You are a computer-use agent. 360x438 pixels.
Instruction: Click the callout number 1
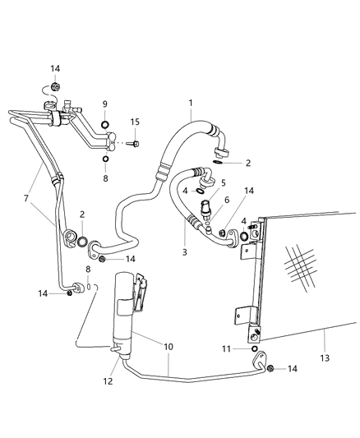[x=190, y=104]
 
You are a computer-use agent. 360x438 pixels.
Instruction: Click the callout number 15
[x=135, y=122]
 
